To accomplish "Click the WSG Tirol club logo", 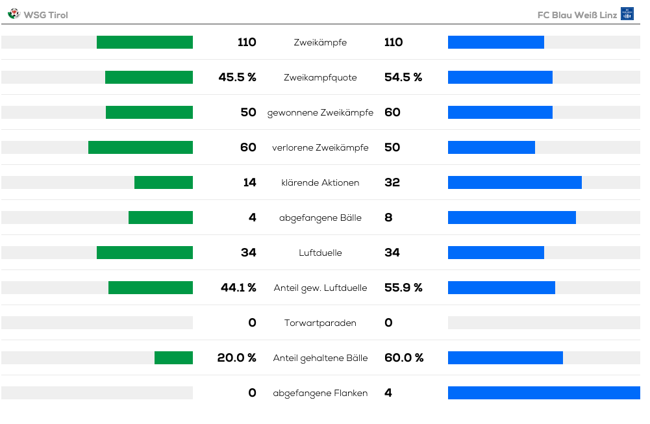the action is (14, 14).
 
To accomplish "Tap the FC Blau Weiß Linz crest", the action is (627, 14).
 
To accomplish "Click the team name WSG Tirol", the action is (45, 15).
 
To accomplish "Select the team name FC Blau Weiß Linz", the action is (577, 15).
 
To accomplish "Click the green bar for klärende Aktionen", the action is (164, 182).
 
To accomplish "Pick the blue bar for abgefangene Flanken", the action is (544, 393).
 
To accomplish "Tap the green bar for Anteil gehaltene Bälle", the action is (173, 358).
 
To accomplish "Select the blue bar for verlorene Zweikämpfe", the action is (492, 147).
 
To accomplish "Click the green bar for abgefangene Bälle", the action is (160, 218).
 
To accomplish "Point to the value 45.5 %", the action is (237, 77).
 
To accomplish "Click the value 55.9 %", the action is (403, 288).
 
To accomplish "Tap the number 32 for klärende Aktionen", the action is (392, 182).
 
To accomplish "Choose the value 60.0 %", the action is (404, 358).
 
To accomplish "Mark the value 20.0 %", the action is (237, 358).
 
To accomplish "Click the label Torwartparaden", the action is (320, 323).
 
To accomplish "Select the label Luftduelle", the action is (320, 253).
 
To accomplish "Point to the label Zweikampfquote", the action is (320, 77).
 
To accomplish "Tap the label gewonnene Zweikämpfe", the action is (320, 113).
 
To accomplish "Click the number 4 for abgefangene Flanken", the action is (388, 393).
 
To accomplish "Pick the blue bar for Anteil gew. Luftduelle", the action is (501, 288).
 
